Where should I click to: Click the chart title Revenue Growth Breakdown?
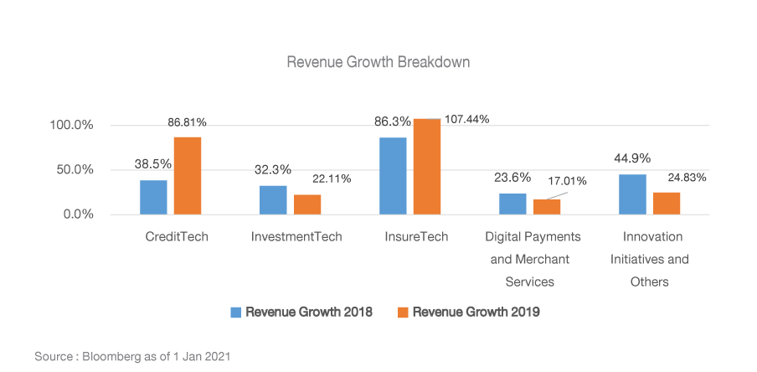pyautogui.click(x=378, y=63)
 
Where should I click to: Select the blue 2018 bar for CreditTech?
pyautogui.click(x=153, y=197)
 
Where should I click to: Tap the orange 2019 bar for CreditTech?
pyautogui.click(x=187, y=175)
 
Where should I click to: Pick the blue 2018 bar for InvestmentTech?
pyautogui.click(x=273, y=199)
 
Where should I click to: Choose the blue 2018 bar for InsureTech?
pyautogui.click(x=393, y=175)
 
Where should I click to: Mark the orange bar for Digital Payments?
pyautogui.click(x=546, y=206)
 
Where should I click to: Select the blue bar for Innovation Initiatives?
pyautogui.click(x=632, y=194)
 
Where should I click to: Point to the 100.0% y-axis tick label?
pyautogui.click(x=72, y=126)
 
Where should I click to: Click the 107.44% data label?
pyautogui.click(x=467, y=119)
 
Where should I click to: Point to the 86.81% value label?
pyautogui.click(x=187, y=122)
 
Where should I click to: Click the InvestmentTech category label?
pyautogui.click(x=296, y=236)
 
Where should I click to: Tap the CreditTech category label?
pyautogui.click(x=177, y=236)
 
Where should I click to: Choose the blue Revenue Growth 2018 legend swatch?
pyautogui.click(x=236, y=312)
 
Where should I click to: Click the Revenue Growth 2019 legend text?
pyautogui.click(x=476, y=312)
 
